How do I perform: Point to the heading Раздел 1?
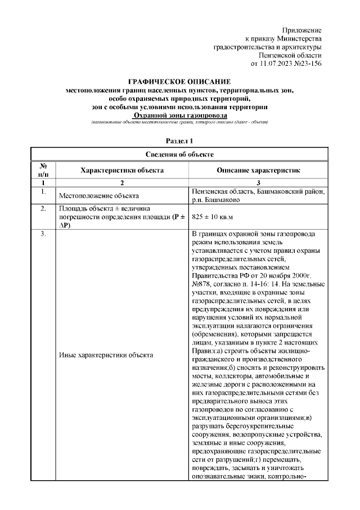[x=180, y=140]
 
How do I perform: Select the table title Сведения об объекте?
[x=180, y=154]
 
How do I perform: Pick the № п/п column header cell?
[x=43, y=169]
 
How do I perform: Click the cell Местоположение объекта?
[x=99, y=196]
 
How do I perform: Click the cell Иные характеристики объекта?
[x=106, y=355]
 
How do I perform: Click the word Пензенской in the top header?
[x=277, y=55]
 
